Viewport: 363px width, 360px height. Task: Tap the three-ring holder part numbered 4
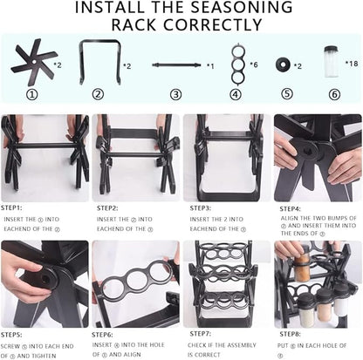[x=238, y=64]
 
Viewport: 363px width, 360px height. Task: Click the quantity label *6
[x=254, y=65]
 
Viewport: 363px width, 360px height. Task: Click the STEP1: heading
[x=13, y=209]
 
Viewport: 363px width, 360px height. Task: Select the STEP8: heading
[x=291, y=335]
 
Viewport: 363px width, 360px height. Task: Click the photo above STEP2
[x=135, y=157]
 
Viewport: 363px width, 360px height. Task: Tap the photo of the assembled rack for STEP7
[x=225, y=283]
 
